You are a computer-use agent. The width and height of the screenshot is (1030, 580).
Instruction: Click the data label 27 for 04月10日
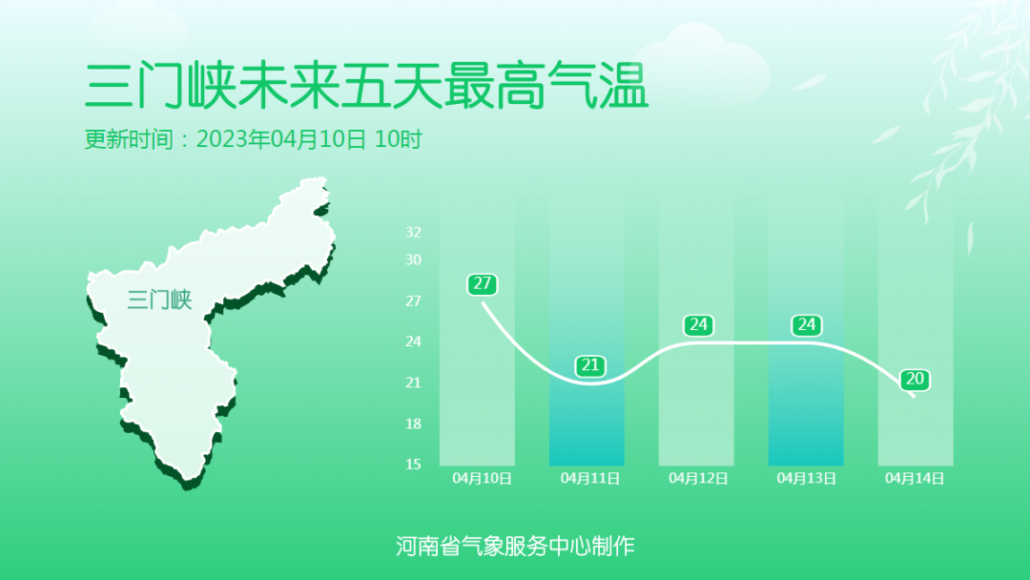click(x=483, y=283)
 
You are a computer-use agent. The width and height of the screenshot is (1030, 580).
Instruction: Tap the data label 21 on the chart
click(x=590, y=365)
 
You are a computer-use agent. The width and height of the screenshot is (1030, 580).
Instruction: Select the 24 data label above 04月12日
click(x=698, y=324)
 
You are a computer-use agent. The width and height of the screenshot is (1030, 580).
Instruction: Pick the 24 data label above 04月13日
click(x=807, y=324)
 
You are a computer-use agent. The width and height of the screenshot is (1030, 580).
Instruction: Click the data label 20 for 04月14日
click(x=915, y=379)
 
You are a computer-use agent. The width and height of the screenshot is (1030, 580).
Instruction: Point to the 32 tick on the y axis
click(x=413, y=232)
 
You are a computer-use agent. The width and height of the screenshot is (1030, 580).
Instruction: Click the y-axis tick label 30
click(x=413, y=259)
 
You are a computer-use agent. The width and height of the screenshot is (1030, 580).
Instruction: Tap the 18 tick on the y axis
click(x=413, y=424)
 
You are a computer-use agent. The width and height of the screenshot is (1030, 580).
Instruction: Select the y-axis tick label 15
click(x=413, y=465)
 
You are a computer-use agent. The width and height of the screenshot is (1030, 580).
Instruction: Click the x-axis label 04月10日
click(x=483, y=478)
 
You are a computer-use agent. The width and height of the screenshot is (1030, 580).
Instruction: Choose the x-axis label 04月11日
click(x=590, y=478)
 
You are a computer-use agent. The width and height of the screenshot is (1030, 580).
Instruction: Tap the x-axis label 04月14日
click(x=915, y=478)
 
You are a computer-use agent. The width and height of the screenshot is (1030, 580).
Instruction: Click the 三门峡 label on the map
click(x=159, y=300)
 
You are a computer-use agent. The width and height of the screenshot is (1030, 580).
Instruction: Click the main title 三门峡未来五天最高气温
click(x=366, y=86)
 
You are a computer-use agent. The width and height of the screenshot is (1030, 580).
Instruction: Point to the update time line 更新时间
click(x=253, y=139)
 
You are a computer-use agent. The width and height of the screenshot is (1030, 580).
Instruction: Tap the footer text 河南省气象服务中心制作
click(x=515, y=546)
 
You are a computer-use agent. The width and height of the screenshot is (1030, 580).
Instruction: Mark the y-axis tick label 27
click(x=413, y=300)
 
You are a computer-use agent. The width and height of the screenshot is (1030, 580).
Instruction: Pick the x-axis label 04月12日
click(x=698, y=478)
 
